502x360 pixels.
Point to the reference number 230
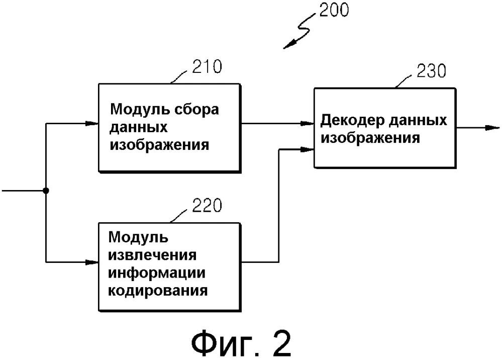(x=430, y=71)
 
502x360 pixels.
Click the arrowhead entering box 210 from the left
(x=92, y=123)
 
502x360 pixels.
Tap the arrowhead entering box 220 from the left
(x=92, y=262)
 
